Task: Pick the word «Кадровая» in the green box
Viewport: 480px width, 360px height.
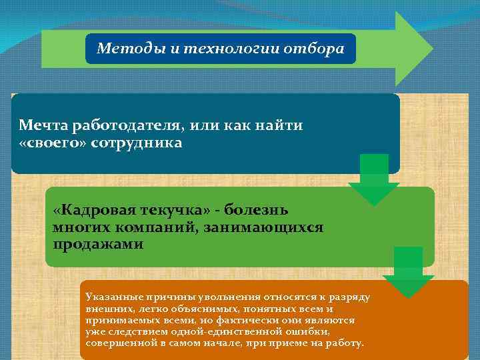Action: coord(93,211)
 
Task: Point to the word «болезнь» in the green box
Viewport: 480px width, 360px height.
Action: coord(257,211)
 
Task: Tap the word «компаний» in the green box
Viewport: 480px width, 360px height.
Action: coord(153,228)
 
